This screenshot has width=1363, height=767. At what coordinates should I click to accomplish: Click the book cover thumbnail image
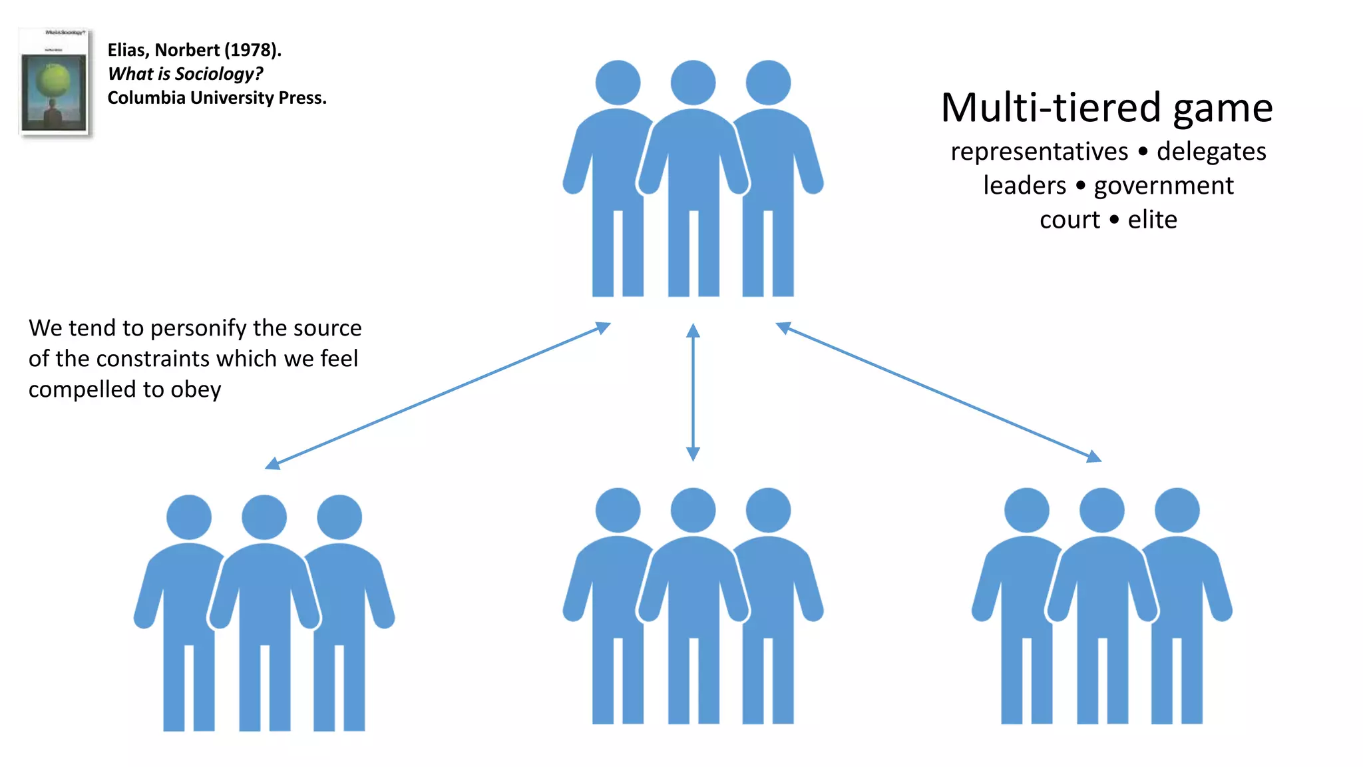[55, 83]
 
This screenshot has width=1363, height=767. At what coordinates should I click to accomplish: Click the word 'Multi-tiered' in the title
[1051, 108]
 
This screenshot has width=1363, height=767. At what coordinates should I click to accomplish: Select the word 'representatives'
[1039, 152]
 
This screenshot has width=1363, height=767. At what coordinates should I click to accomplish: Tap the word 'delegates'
[1211, 152]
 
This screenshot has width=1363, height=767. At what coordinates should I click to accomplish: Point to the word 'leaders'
[1024, 186]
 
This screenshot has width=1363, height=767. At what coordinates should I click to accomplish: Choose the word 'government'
[1164, 186]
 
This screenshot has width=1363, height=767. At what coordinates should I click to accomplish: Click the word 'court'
[1070, 220]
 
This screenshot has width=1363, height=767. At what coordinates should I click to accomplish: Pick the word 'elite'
[1152, 220]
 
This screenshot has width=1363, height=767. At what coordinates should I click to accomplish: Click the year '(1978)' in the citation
[253, 50]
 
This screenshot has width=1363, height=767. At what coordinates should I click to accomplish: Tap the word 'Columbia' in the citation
[146, 98]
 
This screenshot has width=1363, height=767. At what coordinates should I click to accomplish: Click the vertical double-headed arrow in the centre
[693, 392]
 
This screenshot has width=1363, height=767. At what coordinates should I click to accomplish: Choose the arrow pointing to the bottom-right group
[938, 392]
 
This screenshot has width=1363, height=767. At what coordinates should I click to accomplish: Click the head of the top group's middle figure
[693, 83]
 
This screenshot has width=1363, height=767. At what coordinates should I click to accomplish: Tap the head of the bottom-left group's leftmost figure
[189, 517]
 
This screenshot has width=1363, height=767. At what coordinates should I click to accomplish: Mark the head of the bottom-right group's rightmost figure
[1177, 510]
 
